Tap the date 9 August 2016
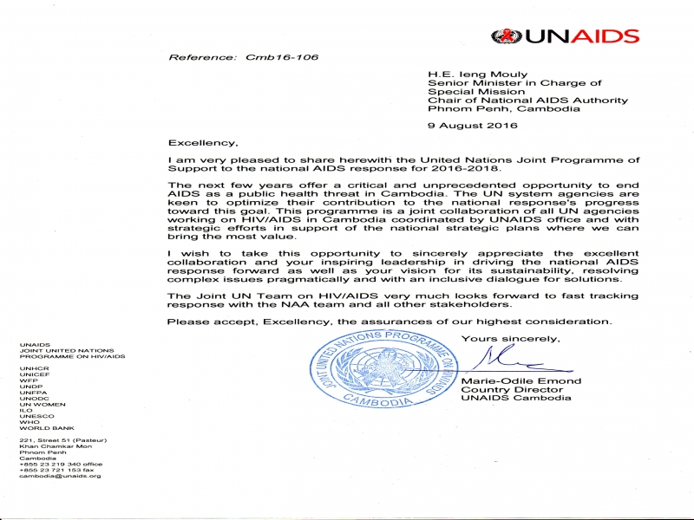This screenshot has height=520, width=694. pyautogui.click(x=473, y=125)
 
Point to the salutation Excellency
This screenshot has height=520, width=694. pyautogui.click(x=202, y=142)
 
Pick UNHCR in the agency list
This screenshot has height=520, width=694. pyautogui.click(x=32, y=367)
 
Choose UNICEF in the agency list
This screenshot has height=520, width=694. pyautogui.click(x=33, y=374)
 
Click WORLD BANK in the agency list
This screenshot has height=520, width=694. pyautogui.click(x=47, y=428)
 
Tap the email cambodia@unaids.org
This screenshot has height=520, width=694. pyautogui.click(x=60, y=476)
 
